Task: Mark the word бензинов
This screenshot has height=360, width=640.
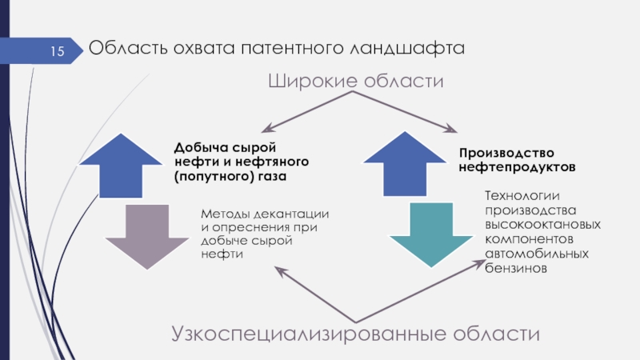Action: click(514, 270)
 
